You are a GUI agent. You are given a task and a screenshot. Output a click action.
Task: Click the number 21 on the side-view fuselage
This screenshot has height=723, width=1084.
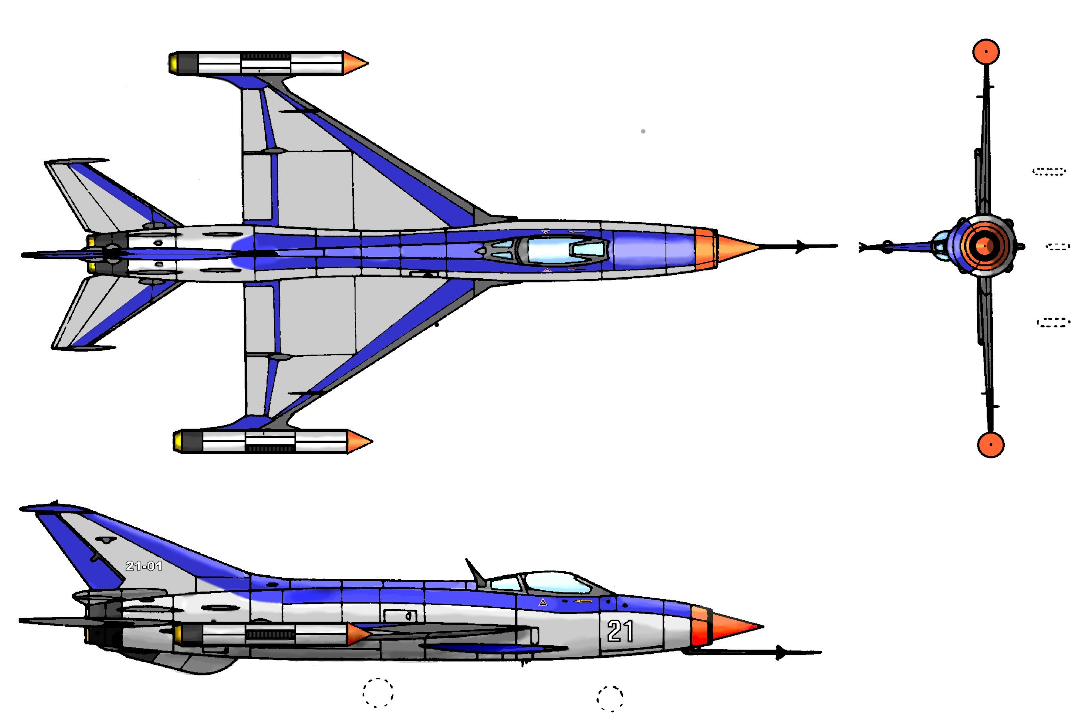coord(620,631)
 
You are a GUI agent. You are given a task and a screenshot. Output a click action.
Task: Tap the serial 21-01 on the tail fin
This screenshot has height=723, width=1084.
coord(143,566)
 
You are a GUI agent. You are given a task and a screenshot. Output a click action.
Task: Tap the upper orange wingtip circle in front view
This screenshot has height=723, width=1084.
coord(986,52)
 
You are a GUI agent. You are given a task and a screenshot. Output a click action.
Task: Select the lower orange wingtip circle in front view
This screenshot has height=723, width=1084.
coord(990,444)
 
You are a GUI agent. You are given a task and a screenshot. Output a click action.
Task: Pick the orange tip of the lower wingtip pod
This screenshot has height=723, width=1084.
coord(359,441)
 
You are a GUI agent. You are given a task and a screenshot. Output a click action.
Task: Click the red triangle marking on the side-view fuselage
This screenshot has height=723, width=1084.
coord(543,602)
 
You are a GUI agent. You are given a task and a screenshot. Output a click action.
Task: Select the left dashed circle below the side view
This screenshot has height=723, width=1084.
coord(378,693)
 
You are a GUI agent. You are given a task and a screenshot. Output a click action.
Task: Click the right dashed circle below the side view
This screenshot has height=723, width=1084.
coord(610,699)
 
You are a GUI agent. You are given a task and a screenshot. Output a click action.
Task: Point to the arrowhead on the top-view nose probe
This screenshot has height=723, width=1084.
coord(803,247)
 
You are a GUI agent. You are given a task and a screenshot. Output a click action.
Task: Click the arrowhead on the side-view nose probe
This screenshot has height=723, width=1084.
coord(781,653)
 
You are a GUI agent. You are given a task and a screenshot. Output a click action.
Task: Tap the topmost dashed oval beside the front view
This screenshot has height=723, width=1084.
coord(1049,172)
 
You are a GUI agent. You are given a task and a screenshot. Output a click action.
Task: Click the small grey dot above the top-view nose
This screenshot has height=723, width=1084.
coord(643,131)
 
